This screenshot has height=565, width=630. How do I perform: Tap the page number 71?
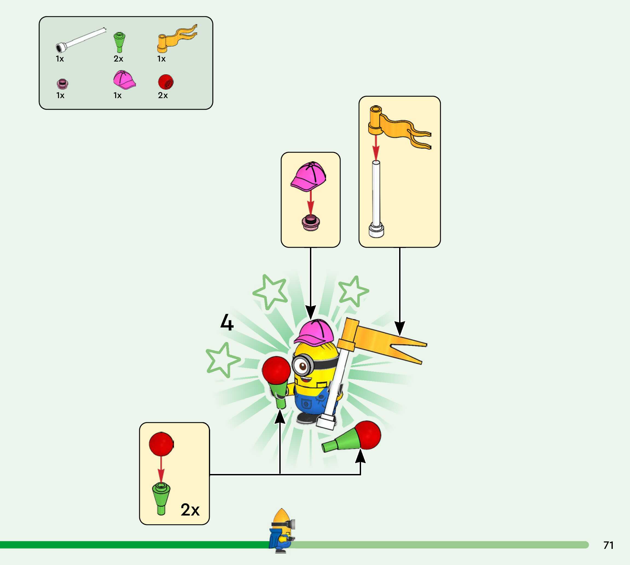click(608, 545)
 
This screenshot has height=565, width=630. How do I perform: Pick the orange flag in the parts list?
click(176, 39)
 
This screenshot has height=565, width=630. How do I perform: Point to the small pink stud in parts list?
click(62, 84)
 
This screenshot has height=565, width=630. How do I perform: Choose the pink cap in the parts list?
click(124, 80)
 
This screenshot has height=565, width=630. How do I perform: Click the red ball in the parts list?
click(166, 82)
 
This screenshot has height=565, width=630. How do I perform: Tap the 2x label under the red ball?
click(163, 95)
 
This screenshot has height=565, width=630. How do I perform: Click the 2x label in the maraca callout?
click(190, 510)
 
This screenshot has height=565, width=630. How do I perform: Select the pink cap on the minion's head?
click(314, 332)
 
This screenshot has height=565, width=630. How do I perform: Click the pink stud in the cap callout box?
click(311, 222)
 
